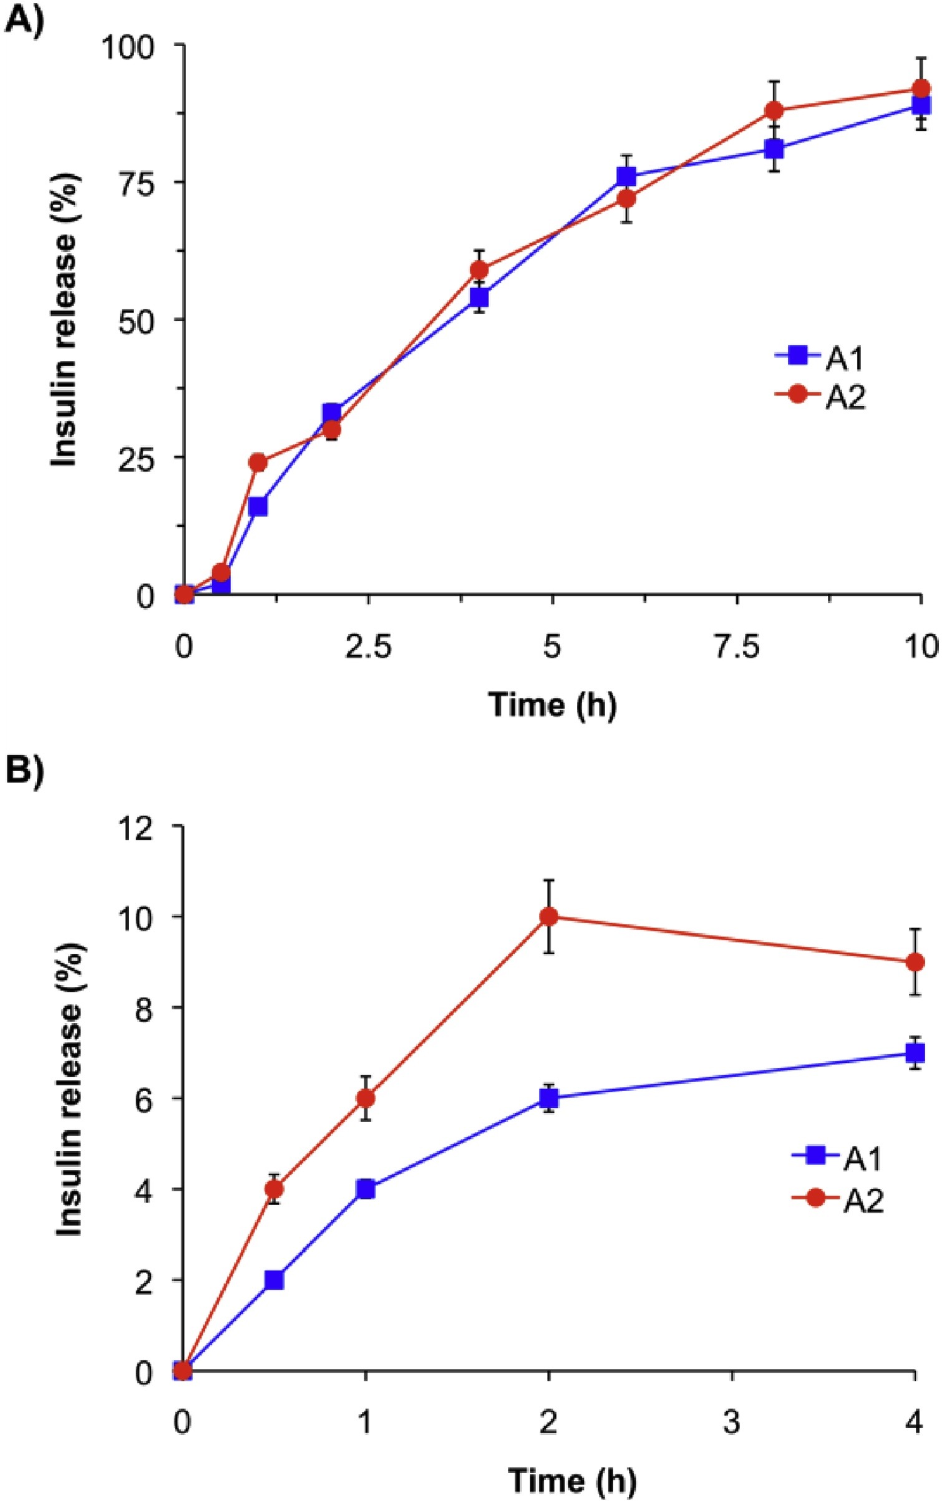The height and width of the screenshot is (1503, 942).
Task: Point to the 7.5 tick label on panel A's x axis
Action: [x=737, y=647]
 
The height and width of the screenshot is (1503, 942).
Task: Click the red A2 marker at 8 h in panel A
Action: [x=774, y=110]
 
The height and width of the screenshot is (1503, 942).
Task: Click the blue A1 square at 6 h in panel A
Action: [x=626, y=176]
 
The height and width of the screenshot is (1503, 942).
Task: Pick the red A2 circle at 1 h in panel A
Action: [x=258, y=462]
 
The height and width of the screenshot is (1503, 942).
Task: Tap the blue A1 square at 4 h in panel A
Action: [x=479, y=297]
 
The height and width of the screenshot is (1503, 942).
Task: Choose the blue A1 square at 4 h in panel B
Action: [x=915, y=1053]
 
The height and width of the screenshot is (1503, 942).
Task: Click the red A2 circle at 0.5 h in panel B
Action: [x=274, y=1188]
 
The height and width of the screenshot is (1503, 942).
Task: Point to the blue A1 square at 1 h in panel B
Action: [x=366, y=1189]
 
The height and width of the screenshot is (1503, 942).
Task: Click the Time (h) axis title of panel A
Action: [x=553, y=705]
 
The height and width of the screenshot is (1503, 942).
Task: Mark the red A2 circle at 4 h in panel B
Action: [x=915, y=961]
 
